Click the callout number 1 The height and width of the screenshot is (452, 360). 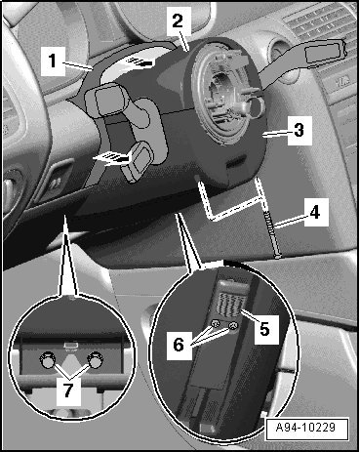point(53,61)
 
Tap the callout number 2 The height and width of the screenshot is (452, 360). point(178,21)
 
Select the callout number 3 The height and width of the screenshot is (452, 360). point(299,130)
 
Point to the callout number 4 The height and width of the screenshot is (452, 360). point(315,213)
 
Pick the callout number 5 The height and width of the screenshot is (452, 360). point(265,329)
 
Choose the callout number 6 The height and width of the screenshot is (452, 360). point(179,345)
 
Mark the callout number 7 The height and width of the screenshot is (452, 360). point(68,390)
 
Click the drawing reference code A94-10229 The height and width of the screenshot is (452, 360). point(305,427)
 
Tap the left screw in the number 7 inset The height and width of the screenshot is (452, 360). point(47,360)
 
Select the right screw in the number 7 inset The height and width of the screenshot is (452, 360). point(96,359)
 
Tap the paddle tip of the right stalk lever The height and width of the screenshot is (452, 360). point(324,53)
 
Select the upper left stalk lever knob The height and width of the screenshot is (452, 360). point(103,99)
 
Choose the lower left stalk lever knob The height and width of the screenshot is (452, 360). point(137,160)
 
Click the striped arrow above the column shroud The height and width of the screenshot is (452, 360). point(139,62)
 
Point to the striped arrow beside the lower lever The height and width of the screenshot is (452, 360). point(111,158)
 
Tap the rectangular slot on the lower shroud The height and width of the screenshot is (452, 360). point(236,162)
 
